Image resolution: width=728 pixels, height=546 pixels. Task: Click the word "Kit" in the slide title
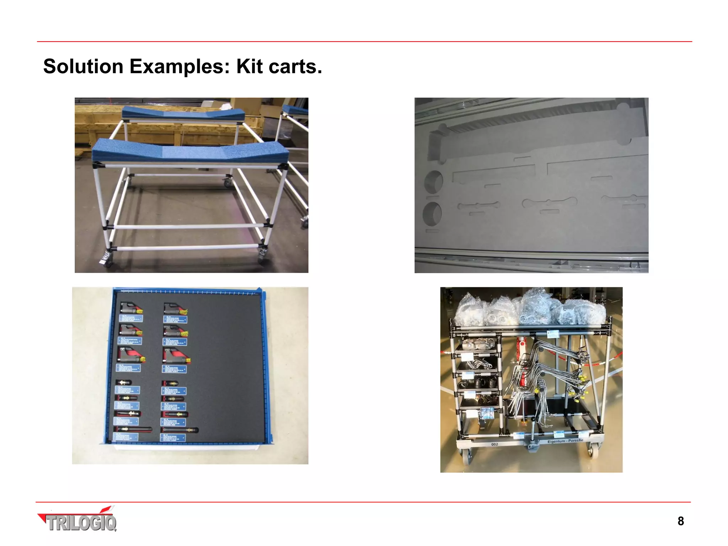[x=250, y=66]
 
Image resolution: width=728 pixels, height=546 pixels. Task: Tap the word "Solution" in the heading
[x=83, y=66]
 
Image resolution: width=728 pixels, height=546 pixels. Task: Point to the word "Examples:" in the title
[x=180, y=66]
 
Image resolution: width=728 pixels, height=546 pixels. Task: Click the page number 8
[x=680, y=521]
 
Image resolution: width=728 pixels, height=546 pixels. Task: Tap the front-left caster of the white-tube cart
[x=106, y=259]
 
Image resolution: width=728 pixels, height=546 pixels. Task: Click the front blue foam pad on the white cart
[x=190, y=151]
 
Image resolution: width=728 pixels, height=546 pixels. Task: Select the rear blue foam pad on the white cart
[x=183, y=114]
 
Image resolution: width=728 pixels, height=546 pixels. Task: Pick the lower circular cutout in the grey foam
[x=432, y=213]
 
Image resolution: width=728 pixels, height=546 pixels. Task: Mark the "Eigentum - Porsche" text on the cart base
[x=565, y=441]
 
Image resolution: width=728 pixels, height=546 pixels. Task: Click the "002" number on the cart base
[x=494, y=444]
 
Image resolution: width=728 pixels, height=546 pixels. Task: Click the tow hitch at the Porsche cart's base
[x=532, y=445]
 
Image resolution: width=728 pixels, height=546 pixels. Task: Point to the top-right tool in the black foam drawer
[x=175, y=309]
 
